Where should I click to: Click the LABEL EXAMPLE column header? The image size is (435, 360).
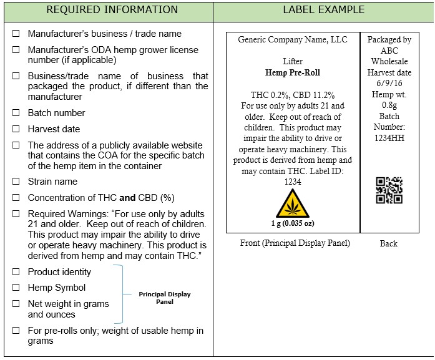point(323,10)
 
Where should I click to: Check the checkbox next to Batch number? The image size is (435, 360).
point(16,114)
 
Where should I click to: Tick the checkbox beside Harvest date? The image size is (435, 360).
point(16,130)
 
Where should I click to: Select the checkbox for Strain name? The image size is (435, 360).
point(16,182)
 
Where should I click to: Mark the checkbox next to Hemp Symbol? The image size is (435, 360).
point(16,288)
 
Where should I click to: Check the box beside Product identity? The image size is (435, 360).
point(16,273)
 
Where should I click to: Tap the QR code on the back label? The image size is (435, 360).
point(389,190)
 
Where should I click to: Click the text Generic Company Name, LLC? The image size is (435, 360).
point(292,40)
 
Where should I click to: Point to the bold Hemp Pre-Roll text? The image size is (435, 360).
point(292,72)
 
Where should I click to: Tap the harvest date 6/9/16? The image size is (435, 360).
point(389,84)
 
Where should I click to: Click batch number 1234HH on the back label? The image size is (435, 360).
point(389,138)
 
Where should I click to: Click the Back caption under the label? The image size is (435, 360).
point(388,243)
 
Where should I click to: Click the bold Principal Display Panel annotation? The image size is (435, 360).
point(164,298)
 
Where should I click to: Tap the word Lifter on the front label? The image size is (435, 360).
point(292,62)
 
